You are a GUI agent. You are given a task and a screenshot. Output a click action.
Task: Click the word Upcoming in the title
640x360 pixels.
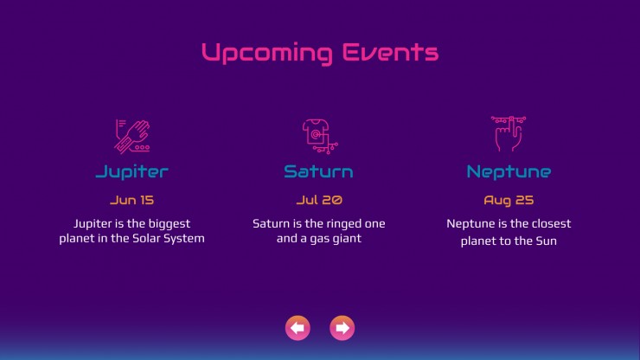point(267,53)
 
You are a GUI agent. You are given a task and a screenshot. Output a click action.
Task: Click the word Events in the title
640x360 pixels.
point(390,52)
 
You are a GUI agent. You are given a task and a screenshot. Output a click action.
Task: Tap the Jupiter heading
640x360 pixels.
point(131,172)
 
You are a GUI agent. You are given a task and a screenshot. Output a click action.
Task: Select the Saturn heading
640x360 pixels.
point(319,171)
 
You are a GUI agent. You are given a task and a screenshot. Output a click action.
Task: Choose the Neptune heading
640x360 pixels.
point(509,172)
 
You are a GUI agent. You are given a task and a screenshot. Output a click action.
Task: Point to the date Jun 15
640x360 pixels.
point(131,200)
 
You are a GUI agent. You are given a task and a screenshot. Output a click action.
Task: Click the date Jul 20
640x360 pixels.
point(319,200)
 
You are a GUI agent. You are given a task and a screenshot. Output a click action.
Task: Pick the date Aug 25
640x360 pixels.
point(509,201)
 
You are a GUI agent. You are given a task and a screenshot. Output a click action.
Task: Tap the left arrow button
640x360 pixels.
point(298,328)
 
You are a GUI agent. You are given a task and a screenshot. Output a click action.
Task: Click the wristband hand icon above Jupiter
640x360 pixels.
point(132,137)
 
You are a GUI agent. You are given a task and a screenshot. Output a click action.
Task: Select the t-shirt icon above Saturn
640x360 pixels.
point(320,137)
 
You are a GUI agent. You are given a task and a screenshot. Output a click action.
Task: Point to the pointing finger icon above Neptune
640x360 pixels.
point(509,133)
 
